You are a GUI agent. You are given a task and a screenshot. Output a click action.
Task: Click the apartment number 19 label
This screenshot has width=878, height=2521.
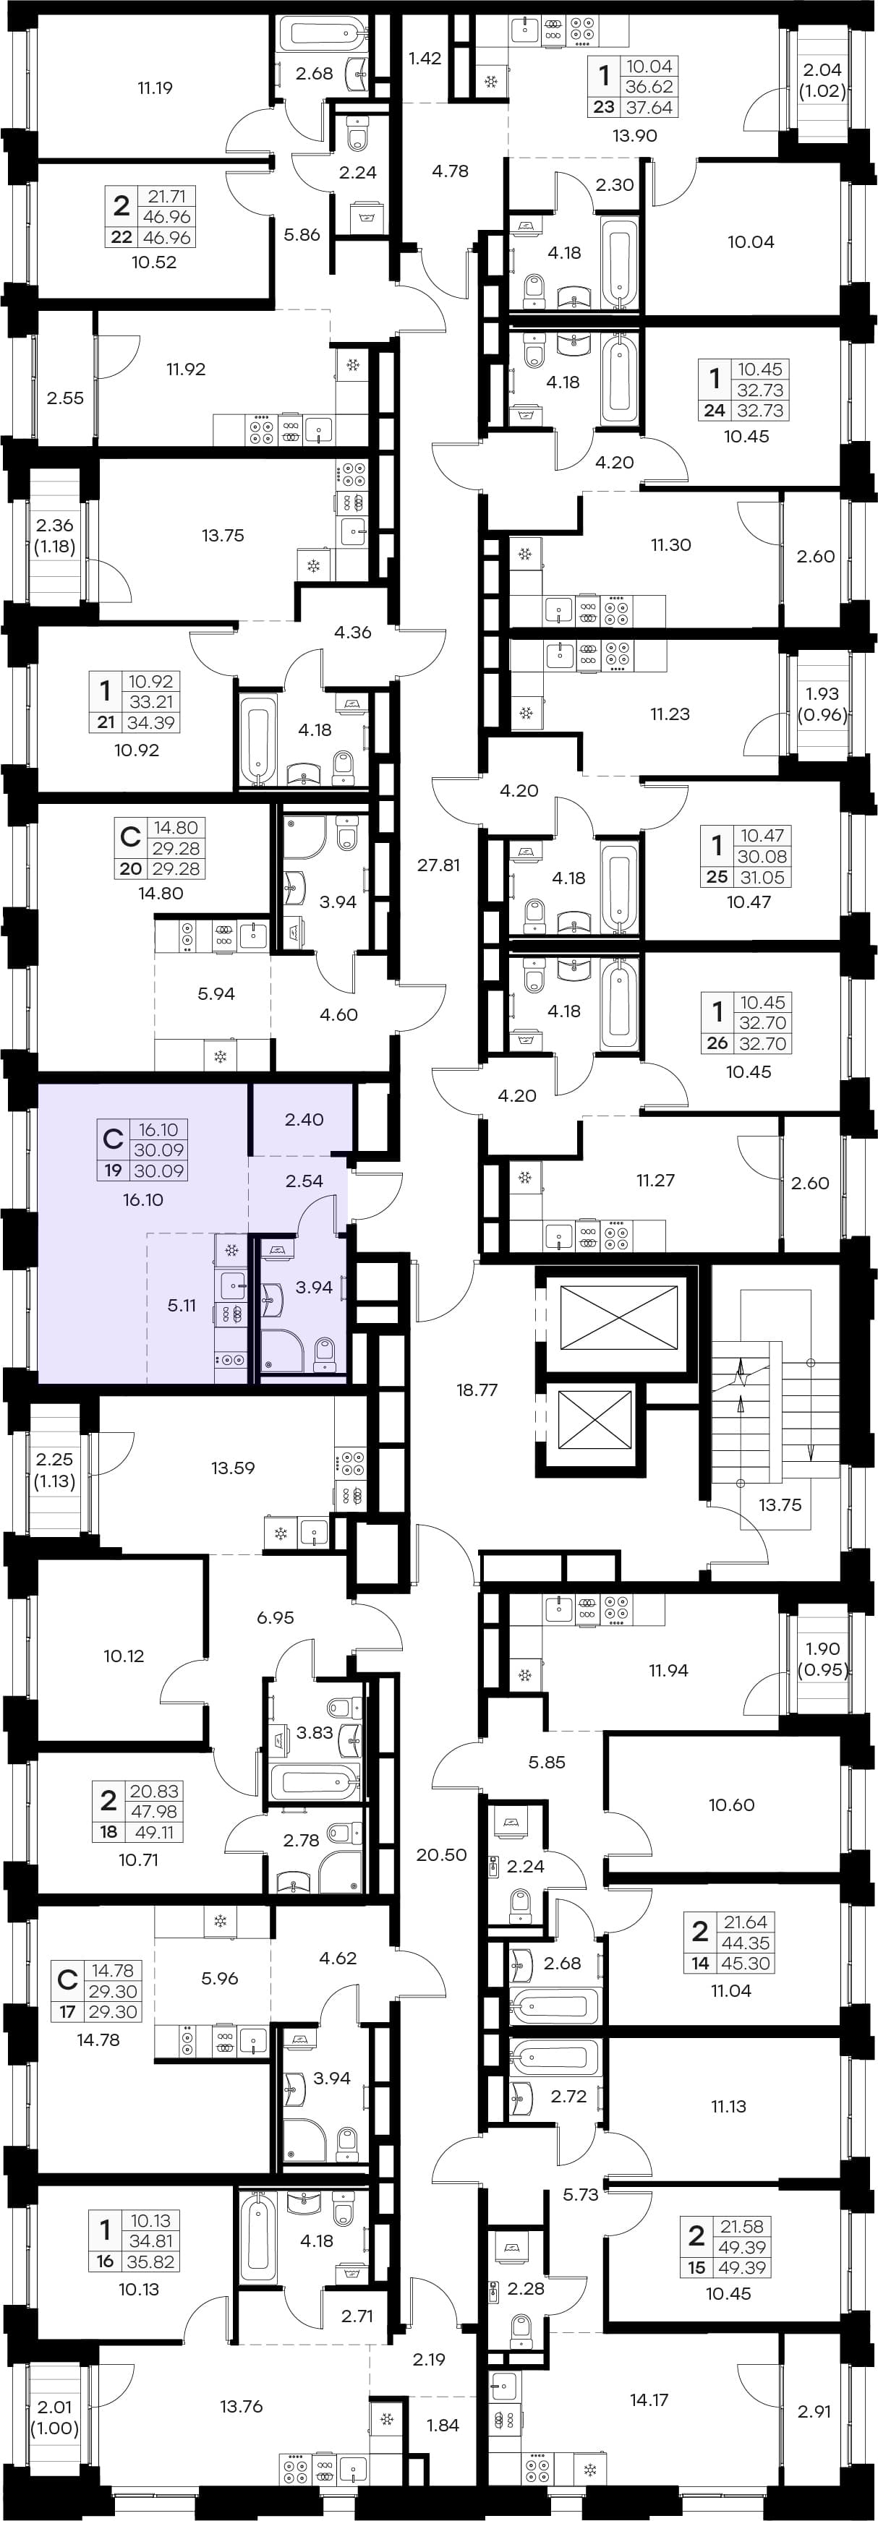tap(113, 1170)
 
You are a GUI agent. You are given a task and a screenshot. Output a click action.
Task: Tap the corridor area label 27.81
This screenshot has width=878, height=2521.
tap(438, 865)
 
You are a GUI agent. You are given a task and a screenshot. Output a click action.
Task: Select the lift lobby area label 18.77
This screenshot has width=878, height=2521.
tap(477, 1390)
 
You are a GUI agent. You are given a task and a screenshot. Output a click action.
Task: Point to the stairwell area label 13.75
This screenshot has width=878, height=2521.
tap(780, 1505)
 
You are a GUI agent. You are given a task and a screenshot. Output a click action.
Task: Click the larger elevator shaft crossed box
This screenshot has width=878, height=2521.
tap(618, 1319)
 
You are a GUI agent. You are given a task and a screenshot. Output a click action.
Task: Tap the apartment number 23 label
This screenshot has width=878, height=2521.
tap(604, 108)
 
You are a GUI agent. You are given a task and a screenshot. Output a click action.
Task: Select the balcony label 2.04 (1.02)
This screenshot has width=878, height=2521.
tap(822, 80)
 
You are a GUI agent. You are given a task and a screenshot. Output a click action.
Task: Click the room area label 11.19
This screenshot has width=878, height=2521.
tap(155, 88)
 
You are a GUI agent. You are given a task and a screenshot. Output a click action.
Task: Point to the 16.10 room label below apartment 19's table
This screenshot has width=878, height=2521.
tap(143, 1200)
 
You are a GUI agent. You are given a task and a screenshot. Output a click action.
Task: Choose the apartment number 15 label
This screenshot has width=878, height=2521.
tap(697, 2267)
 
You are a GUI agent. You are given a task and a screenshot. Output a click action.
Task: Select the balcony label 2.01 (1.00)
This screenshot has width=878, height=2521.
tap(55, 2418)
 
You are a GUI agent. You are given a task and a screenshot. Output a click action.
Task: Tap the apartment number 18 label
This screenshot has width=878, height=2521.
tap(108, 1832)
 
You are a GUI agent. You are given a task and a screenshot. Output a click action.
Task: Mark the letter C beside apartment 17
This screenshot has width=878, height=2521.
tap(67, 1979)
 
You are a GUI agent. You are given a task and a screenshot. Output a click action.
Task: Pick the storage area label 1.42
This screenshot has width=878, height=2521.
tap(425, 58)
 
